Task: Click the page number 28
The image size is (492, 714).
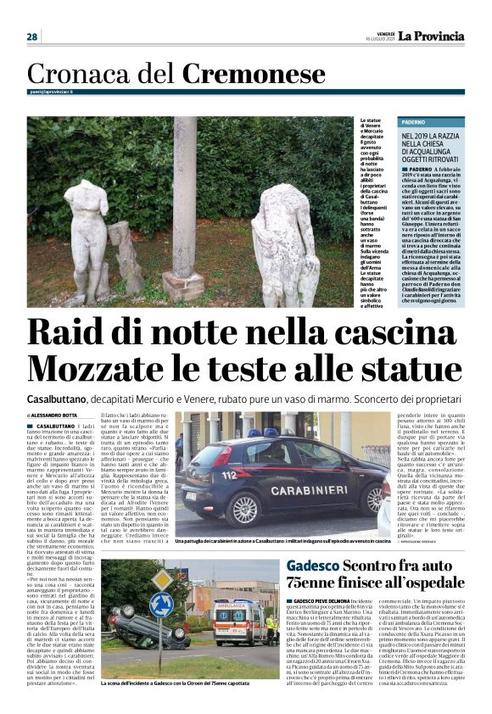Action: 32,36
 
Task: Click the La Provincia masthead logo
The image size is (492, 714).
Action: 433,36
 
